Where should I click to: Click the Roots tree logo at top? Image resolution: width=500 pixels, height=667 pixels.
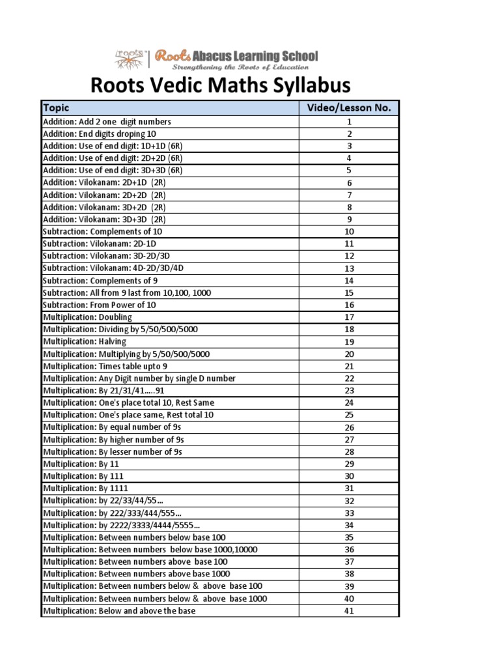click(x=130, y=59)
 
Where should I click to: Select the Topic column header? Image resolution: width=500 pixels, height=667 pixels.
click(x=56, y=108)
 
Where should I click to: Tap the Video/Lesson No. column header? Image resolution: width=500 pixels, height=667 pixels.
click(x=348, y=108)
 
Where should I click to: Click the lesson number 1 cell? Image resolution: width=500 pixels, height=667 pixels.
click(x=348, y=122)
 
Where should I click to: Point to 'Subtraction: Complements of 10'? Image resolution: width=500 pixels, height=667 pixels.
click(x=102, y=232)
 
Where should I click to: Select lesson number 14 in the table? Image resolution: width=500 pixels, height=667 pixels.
click(x=348, y=281)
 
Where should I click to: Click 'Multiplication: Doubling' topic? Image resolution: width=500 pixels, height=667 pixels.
click(x=87, y=317)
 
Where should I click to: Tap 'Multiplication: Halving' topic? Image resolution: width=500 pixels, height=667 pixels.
click(x=85, y=342)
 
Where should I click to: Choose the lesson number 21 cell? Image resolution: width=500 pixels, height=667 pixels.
click(x=348, y=366)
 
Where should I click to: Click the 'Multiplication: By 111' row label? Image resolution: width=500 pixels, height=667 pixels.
click(x=84, y=476)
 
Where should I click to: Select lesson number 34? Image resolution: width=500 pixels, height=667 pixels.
click(x=348, y=525)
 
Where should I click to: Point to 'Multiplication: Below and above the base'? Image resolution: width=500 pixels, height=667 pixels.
click(x=118, y=611)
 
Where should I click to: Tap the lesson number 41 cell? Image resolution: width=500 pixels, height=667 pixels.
click(x=348, y=611)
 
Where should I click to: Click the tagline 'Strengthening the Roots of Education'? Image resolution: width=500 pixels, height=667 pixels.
click(x=243, y=67)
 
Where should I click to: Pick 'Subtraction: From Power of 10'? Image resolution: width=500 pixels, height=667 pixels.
click(x=99, y=305)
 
